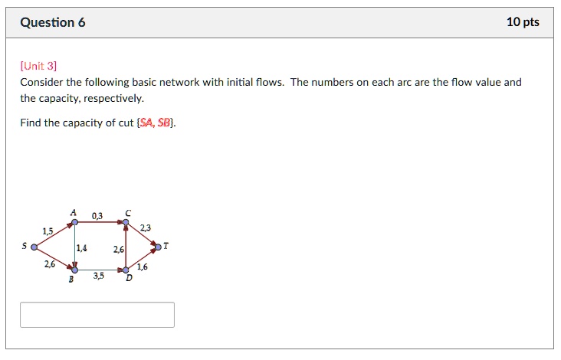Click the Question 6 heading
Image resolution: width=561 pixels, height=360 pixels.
[53, 22]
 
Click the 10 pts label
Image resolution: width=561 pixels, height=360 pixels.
[523, 22]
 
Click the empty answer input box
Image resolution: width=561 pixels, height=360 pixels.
[97, 315]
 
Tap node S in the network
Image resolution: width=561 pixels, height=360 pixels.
[33, 247]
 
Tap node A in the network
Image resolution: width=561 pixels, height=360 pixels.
[74, 223]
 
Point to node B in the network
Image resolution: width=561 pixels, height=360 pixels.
[74, 270]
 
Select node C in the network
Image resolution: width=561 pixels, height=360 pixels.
[126, 223]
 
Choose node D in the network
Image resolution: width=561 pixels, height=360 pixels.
[126, 270]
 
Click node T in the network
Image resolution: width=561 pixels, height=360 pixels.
[158, 247]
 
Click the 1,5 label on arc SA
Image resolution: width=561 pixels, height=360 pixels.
[48, 231]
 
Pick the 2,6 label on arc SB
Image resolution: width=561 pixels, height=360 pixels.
[49, 263]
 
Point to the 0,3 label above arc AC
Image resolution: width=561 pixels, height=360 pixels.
[97, 217]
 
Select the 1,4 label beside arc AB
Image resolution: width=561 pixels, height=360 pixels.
[82, 248]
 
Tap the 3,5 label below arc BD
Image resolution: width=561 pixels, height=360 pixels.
[99, 277]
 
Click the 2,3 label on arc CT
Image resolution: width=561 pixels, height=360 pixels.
[146, 227]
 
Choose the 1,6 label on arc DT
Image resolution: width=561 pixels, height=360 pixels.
[143, 267]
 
